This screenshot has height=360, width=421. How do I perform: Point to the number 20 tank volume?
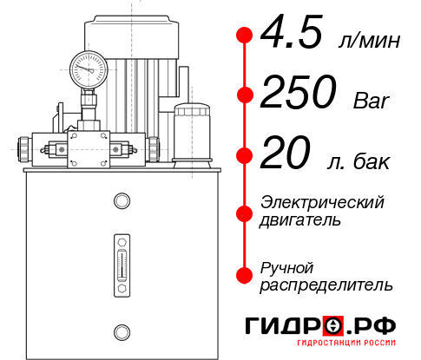(285, 156)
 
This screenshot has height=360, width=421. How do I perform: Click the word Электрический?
(323, 202)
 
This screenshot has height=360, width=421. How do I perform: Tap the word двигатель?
(300, 220)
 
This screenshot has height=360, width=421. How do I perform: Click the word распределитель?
(326, 285)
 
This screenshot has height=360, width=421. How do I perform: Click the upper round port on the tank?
(121, 202)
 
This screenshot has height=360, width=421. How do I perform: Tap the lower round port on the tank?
(121, 331)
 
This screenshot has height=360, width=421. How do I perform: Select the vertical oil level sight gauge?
(121, 261)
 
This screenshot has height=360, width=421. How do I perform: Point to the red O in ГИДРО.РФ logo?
(335, 326)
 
